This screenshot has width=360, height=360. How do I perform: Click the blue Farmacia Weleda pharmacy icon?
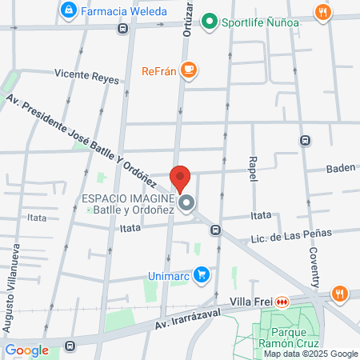[x=70, y=10]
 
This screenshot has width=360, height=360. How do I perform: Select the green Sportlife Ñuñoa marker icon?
[x=210, y=22]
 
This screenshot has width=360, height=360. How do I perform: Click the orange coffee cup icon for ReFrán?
[x=188, y=70]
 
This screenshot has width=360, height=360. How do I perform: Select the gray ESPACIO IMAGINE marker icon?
[x=186, y=204]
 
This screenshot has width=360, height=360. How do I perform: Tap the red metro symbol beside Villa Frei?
[x=282, y=302]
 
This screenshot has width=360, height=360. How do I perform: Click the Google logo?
[x=27, y=350]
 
